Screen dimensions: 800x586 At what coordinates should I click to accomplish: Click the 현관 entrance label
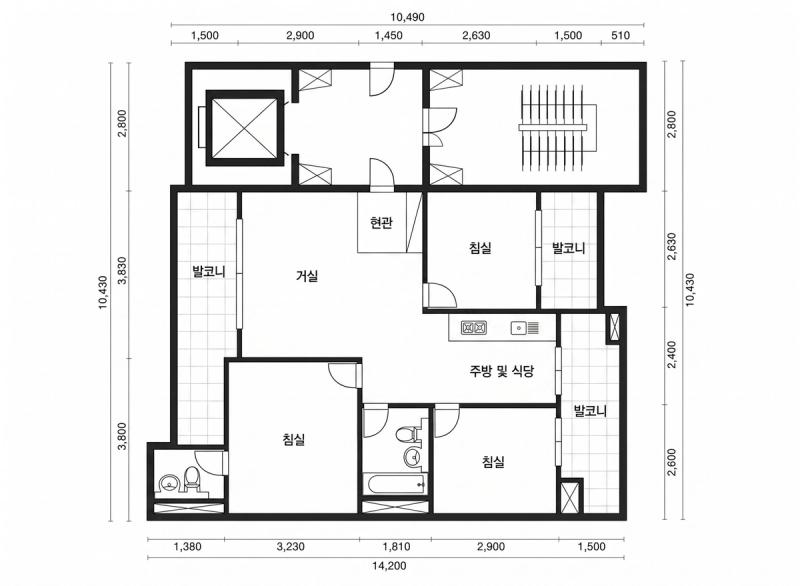pos(381,223)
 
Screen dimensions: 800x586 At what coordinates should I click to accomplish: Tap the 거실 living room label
pos(307,276)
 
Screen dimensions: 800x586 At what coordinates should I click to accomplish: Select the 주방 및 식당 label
pos(502,371)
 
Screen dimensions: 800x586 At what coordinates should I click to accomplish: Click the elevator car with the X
pos(244,128)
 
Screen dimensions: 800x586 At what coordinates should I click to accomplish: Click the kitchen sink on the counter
pos(525,327)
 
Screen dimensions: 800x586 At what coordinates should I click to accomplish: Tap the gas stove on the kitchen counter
pos(473,327)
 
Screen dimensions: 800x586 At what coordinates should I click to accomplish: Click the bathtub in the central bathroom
pos(395,483)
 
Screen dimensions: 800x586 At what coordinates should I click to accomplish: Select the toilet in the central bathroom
pos(408,435)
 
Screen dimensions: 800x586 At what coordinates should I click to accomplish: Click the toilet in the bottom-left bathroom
pos(191,479)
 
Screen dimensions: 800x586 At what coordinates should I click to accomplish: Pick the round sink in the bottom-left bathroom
pos(168,482)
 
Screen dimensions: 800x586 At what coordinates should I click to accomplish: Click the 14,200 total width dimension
pos(389,566)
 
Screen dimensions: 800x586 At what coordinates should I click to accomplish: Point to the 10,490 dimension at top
pos(407,17)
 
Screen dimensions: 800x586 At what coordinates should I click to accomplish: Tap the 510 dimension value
pos(620,36)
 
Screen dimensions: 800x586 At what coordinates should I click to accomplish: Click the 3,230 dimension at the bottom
pos(291,547)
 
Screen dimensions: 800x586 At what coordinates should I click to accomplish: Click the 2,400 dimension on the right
pos(672,355)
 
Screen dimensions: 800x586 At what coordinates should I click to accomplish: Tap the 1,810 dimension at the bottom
pos(396,547)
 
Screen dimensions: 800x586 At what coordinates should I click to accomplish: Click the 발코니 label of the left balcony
pos(209,271)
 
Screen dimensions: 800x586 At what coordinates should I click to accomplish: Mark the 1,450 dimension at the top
pos(389,36)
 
